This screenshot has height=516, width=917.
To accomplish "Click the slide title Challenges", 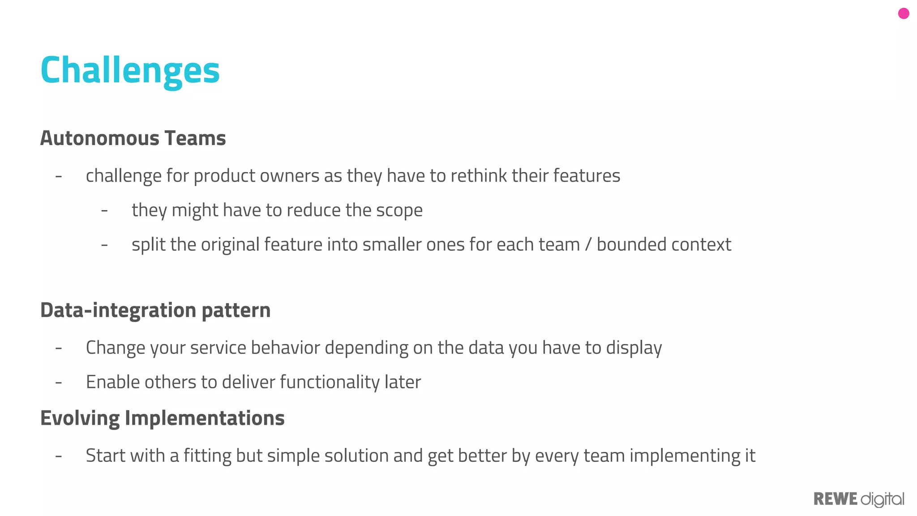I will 130,70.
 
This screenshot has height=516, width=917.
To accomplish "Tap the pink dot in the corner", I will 904,14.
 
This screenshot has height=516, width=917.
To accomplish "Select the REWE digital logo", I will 858,499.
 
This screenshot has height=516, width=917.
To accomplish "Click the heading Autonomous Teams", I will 133,138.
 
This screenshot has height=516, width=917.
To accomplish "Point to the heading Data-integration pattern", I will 155,310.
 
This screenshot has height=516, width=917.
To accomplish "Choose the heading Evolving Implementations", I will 162,418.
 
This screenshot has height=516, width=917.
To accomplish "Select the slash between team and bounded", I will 588,245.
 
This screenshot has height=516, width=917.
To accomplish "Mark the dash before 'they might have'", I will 104,210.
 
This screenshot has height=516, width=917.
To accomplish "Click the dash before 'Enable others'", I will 59,383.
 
